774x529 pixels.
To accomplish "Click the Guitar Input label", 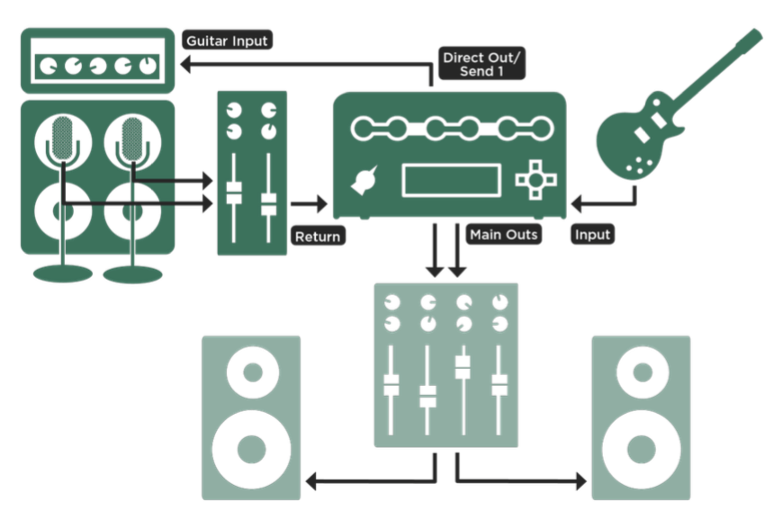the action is pyautogui.click(x=227, y=40).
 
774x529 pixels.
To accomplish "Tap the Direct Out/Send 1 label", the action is pyautogui.click(x=481, y=64).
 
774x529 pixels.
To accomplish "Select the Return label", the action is pyautogui.click(x=318, y=237).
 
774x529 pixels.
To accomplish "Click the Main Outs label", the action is pyautogui.click(x=503, y=235).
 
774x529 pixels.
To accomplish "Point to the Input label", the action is pyautogui.click(x=592, y=235).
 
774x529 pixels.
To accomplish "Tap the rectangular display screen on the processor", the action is pyautogui.click(x=452, y=181).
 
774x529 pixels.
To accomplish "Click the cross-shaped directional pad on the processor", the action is pyautogui.click(x=536, y=180).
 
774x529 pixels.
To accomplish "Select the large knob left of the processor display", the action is pyautogui.click(x=364, y=181).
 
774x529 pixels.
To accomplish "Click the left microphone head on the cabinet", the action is pyautogui.click(x=62, y=139).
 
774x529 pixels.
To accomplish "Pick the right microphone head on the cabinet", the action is pyautogui.click(x=131, y=139).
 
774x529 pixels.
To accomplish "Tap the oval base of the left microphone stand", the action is pyautogui.click(x=63, y=273).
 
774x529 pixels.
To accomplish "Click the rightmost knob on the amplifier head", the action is pyautogui.click(x=148, y=66).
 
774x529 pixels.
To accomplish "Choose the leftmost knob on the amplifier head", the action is pyautogui.click(x=49, y=66).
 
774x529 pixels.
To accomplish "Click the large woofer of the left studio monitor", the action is pyautogui.click(x=251, y=450).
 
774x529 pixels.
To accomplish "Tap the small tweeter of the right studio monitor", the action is pyautogui.click(x=643, y=372).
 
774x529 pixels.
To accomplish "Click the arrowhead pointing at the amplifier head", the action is pyautogui.click(x=185, y=64).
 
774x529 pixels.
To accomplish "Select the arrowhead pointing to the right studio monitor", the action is pyautogui.click(x=581, y=481).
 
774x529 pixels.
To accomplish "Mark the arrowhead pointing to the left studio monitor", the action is pyautogui.click(x=311, y=481).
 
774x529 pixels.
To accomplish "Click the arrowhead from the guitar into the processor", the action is pyautogui.click(x=576, y=203).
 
